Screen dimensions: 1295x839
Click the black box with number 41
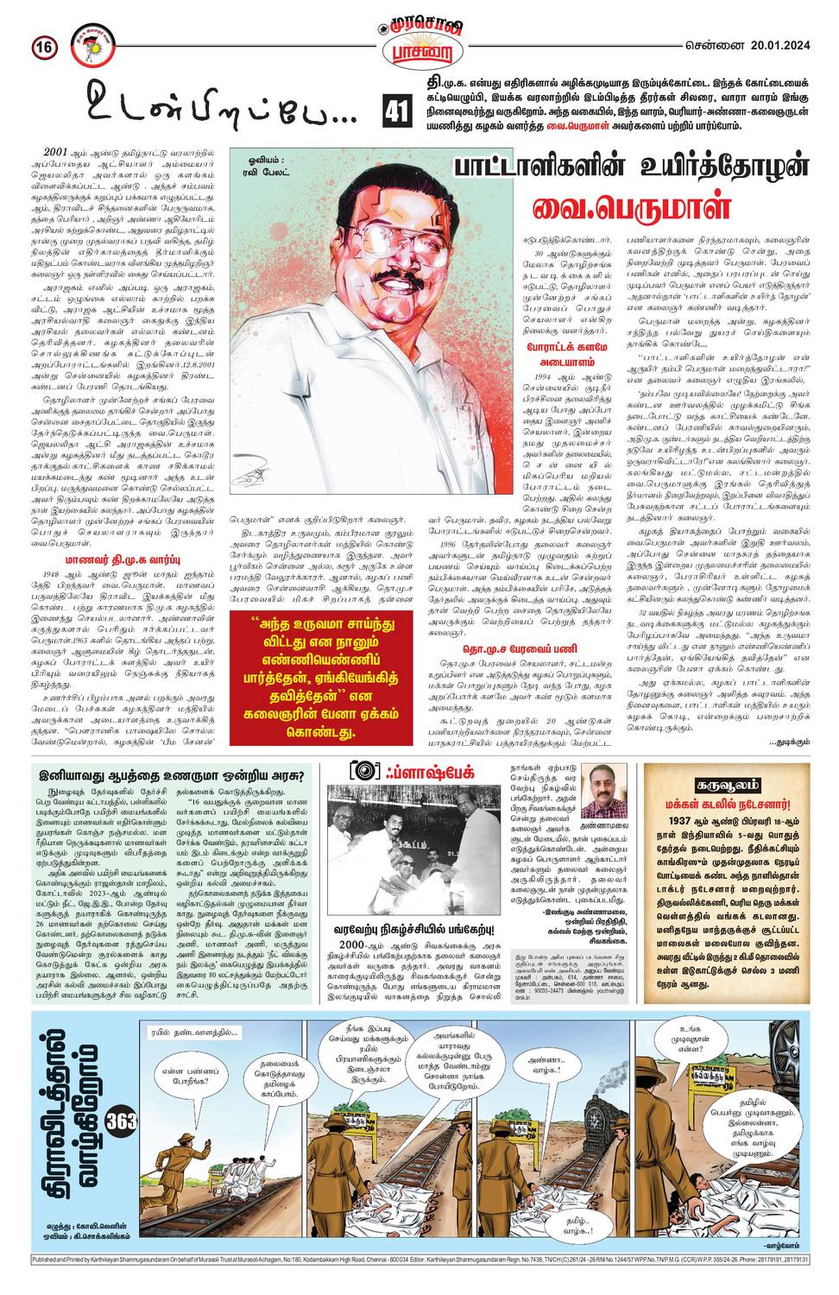coord(394,111)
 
